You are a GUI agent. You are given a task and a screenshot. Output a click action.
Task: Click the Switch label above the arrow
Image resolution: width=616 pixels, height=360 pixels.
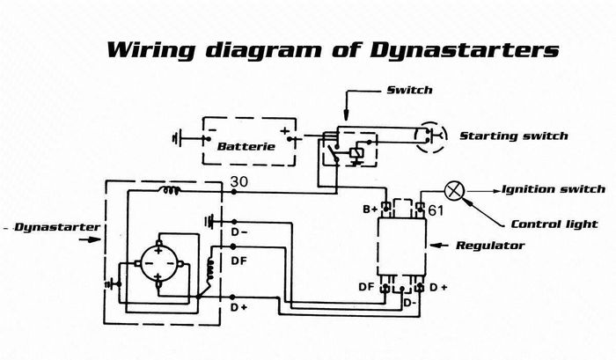tap(406, 90)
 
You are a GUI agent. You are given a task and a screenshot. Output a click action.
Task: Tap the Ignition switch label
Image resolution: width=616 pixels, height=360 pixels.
tap(554, 189)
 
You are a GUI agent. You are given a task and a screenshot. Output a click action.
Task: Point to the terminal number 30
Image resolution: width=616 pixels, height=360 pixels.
tap(238, 181)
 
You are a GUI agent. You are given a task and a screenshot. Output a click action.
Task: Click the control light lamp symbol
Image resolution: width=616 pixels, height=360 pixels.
tap(455, 189)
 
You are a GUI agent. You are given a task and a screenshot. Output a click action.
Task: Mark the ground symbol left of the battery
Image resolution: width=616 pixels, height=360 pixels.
tap(180, 137)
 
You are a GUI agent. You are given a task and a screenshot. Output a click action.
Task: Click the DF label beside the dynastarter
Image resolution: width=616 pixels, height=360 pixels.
tap(238, 261)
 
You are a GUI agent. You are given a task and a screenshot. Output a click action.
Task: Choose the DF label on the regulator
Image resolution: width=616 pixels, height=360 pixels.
tap(366, 287)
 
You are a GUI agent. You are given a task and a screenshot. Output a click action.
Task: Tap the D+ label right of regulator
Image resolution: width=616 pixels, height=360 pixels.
tap(438, 287)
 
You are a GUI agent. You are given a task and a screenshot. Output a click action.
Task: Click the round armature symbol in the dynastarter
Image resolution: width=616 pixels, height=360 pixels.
tap(157, 261)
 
